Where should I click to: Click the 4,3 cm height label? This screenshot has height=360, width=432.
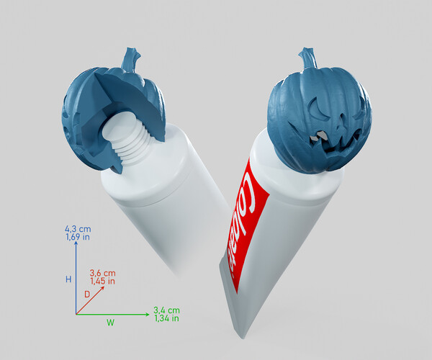pyautogui.click(x=77, y=228)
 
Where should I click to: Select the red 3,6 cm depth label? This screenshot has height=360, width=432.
pyautogui.click(x=102, y=273)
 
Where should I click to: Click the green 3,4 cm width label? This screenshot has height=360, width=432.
pyautogui.click(x=166, y=310)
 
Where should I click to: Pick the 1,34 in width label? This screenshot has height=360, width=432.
pyautogui.click(x=166, y=318)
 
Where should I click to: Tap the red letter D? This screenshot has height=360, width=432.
pyautogui.click(x=87, y=294)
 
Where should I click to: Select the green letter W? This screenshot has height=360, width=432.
pyautogui.click(x=110, y=323)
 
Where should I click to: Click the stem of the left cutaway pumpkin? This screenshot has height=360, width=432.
pyautogui.click(x=131, y=59)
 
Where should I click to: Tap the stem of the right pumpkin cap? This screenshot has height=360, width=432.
pyautogui.click(x=307, y=57)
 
